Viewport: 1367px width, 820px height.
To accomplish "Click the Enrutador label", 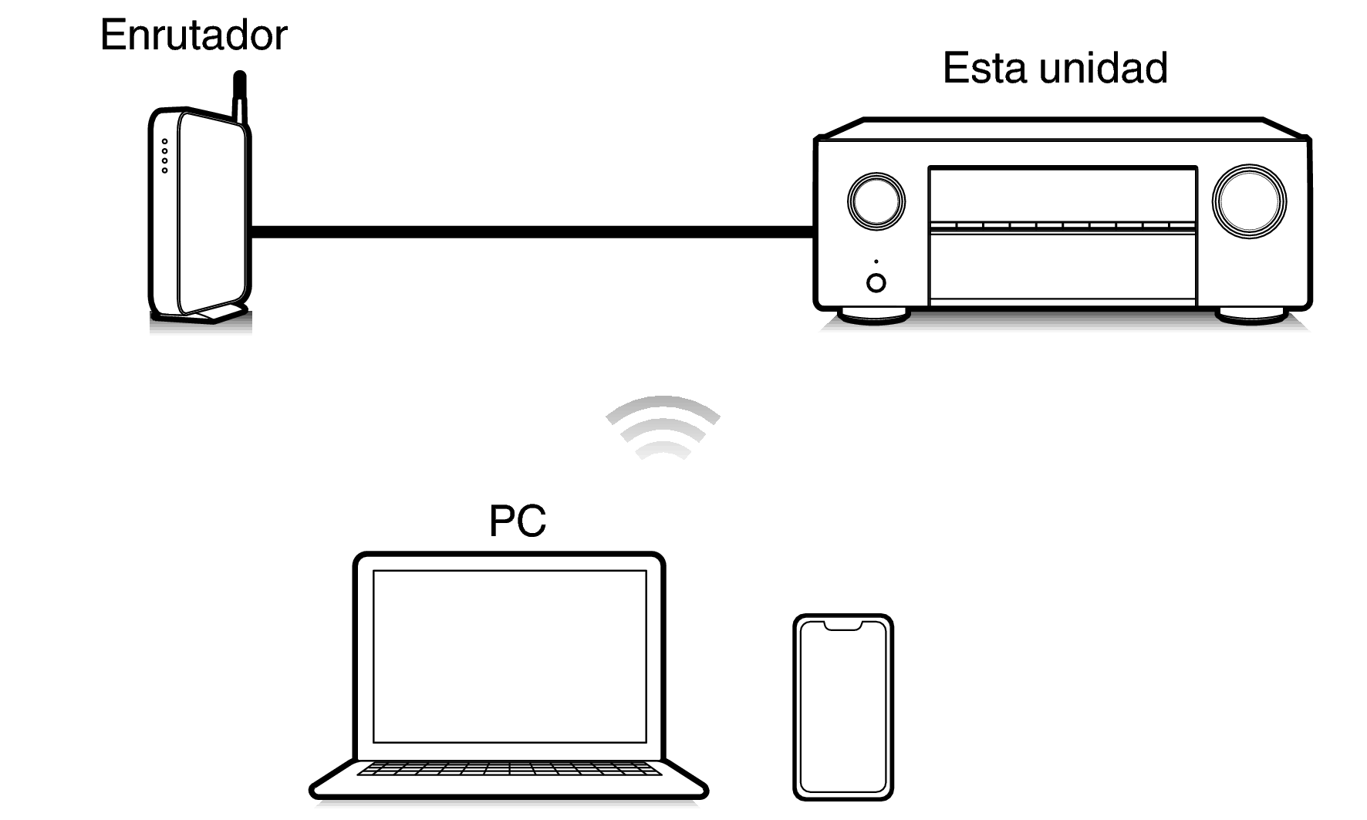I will click(x=194, y=35).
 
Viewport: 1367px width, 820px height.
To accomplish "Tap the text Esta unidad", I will click(x=1055, y=68).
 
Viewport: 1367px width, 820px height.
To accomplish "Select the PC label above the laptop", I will click(x=517, y=521).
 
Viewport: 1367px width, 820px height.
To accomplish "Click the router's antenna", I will click(x=240, y=96).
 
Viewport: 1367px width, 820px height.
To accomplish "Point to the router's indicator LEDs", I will click(x=164, y=156).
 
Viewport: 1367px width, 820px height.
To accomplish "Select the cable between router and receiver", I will click(x=532, y=231).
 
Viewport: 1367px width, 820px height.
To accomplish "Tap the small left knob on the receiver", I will click(x=876, y=201).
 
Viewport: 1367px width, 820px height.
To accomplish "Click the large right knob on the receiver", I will click(x=1249, y=201).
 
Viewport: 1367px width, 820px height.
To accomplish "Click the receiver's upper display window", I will click(x=1062, y=194).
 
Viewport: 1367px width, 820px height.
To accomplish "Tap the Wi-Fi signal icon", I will click(x=663, y=428).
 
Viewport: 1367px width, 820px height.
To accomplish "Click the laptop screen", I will click(x=509, y=656).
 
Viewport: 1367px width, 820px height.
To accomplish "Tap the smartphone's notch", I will click(x=843, y=625).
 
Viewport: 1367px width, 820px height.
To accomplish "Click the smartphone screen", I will click(x=843, y=710).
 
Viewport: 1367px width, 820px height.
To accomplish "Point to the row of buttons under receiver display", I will click(x=1062, y=226).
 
